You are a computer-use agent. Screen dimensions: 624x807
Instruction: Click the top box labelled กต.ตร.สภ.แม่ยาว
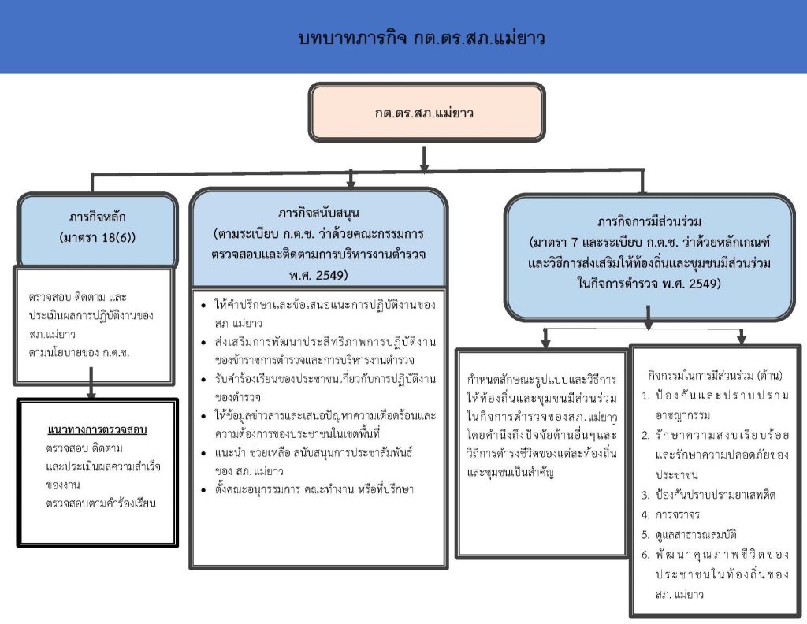(x=425, y=112)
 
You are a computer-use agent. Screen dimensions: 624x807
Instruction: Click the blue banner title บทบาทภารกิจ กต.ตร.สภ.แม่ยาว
(x=423, y=38)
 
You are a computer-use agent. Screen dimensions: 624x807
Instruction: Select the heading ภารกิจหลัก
(x=97, y=217)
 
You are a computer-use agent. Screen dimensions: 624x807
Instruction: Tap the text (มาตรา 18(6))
(x=97, y=236)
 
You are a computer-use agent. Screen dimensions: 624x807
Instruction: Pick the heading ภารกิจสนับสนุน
(x=318, y=214)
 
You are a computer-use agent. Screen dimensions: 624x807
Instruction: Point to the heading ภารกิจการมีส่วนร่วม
(x=649, y=221)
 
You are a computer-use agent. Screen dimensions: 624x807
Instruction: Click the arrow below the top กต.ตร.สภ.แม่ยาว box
(x=425, y=158)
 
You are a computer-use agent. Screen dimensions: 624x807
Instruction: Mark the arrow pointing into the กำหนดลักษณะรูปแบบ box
(x=545, y=337)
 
